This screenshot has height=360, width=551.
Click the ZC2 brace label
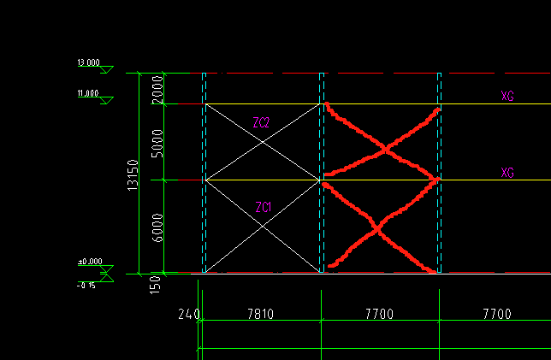pos(262,123)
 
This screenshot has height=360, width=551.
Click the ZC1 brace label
pos(264,207)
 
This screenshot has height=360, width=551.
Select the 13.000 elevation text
pos(88,63)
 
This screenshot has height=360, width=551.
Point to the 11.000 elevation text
pos(87,93)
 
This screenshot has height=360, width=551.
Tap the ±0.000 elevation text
pos(89,262)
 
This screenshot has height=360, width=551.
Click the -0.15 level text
pos(86,285)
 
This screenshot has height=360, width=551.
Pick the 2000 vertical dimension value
pos(157,89)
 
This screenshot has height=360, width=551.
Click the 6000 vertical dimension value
pos(157,227)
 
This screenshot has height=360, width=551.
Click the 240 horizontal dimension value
pos(187,315)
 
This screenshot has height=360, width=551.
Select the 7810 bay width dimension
pos(260,315)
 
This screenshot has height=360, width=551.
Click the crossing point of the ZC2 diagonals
pos(263,142)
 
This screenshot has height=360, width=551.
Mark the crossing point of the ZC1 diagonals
pos(263,227)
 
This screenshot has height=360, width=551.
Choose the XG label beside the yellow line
pos(507,173)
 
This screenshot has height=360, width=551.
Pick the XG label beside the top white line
pos(507,97)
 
